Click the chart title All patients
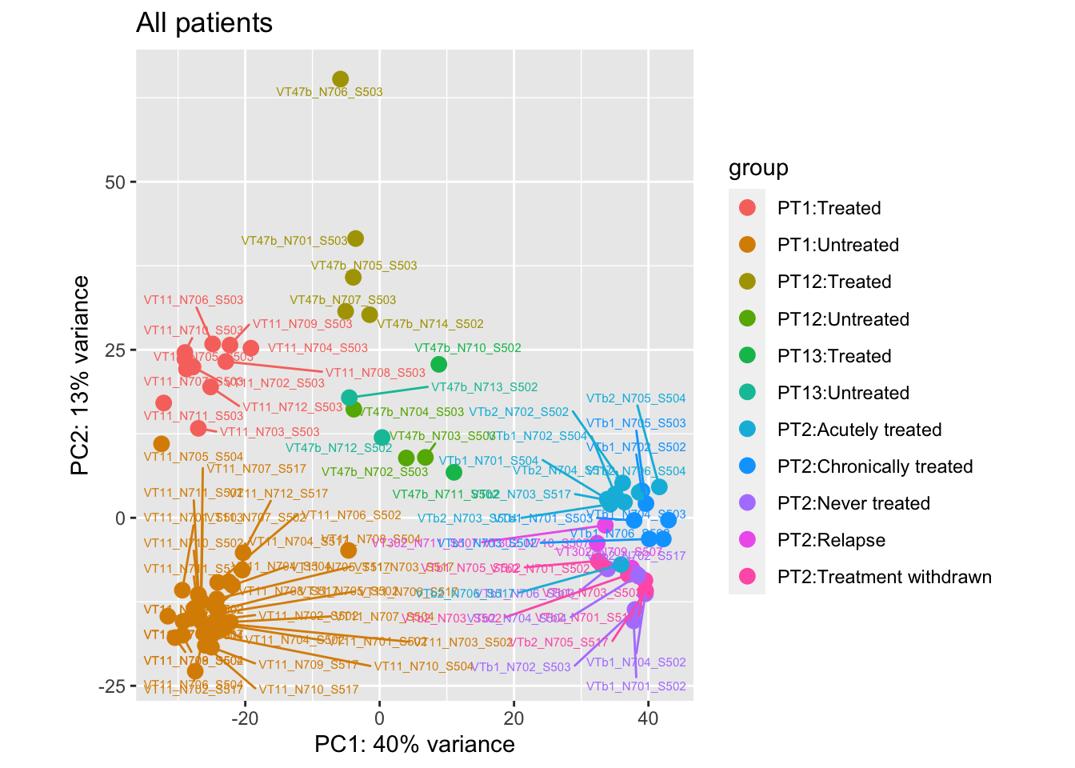(204, 23)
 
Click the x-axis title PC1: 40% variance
(414, 745)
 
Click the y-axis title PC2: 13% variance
(80, 375)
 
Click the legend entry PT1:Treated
(829, 208)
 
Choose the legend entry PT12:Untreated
(843, 319)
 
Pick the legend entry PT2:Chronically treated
(875, 466)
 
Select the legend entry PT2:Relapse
(831, 540)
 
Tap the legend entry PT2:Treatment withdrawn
(884, 577)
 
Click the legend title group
(758, 168)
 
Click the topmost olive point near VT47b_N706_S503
(341, 79)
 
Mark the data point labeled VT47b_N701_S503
(356, 238)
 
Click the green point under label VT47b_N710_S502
(438, 364)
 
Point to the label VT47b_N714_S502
(430, 324)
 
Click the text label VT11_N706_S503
(194, 300)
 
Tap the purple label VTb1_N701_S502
(636, 686)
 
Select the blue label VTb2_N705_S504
(636, 398)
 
